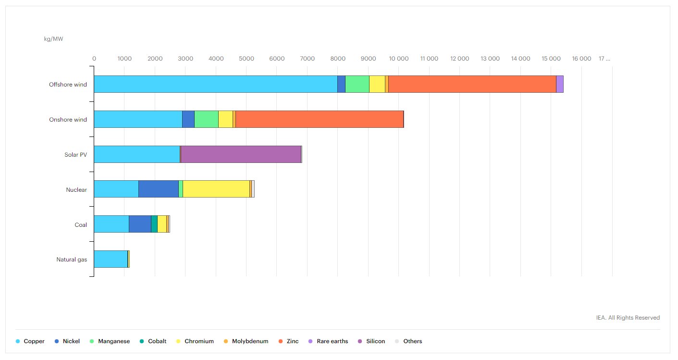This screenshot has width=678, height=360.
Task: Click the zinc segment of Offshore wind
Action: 472,84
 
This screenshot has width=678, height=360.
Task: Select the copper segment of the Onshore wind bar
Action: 138,119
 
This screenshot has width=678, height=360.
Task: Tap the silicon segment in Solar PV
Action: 241,154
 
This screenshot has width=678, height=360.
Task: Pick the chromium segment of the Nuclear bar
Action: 216,189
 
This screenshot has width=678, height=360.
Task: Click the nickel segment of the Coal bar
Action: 140,224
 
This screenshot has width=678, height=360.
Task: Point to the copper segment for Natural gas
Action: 111,260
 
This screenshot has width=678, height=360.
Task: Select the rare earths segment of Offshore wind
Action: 560,84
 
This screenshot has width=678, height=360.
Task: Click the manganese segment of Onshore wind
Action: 206,119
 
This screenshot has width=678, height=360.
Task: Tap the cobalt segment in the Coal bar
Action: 154,224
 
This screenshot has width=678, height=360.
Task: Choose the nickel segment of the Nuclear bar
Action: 159,189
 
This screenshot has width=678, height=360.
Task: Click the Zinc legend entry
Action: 292,341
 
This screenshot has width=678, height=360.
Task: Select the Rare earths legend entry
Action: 332,341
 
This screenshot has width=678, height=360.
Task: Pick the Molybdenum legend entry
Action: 250,341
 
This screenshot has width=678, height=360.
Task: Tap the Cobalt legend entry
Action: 157,341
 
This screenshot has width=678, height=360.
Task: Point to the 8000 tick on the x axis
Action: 338,59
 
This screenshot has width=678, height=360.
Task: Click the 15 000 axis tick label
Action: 551,59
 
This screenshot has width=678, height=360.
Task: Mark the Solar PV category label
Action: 75,154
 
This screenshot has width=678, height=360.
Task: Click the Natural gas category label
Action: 72,260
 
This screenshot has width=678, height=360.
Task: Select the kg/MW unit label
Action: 53,39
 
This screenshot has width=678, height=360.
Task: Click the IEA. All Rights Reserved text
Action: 628,318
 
